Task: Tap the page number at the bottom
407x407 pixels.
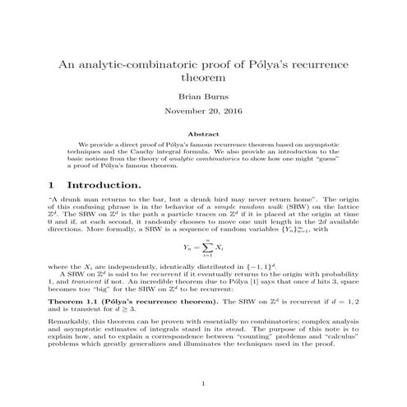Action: point(203,383)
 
